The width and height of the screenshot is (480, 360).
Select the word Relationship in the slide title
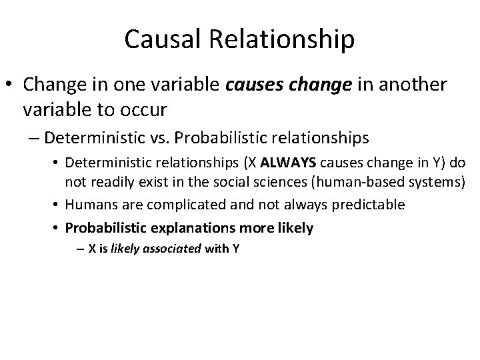[x=282, y=39]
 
